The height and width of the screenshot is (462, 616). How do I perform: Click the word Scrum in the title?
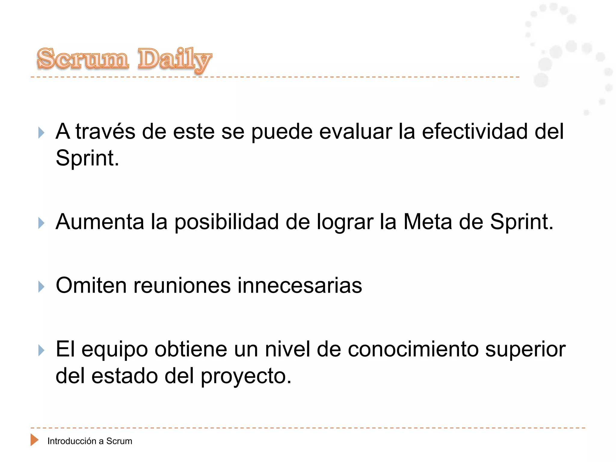[x=83, y=59]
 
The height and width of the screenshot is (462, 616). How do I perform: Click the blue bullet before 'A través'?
[x=41, y=133]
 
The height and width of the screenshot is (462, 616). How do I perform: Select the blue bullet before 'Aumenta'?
[x=41, y=223]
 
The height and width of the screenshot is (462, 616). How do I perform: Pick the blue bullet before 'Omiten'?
[x=41, y=287]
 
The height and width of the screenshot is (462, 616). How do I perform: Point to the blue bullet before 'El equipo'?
[x=41, y=350]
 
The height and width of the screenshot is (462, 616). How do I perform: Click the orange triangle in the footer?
[x=34, y=440]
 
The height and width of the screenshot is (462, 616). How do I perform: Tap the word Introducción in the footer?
[x=72, y=441]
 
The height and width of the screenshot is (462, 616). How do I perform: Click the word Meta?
[x=428, y=222]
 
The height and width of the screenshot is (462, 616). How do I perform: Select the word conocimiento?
[x=413, y=349]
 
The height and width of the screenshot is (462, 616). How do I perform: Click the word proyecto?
[x=246, y=377]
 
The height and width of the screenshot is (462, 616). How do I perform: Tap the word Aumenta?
[x=100, y=222]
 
